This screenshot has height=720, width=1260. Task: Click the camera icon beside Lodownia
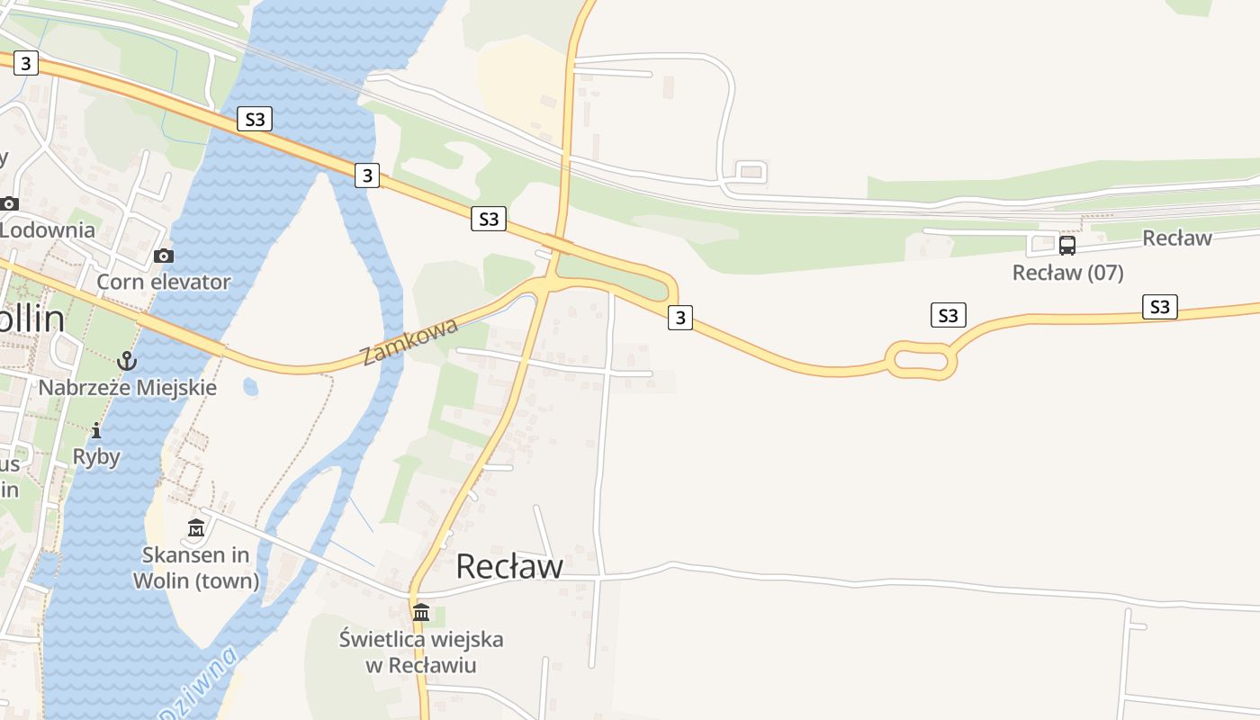click(x=10, y=203)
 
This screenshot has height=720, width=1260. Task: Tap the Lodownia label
click(x=48, y=229)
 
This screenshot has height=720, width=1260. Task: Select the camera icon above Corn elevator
click(x=163, y=256)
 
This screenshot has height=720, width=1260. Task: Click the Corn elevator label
click(x=164, y=282)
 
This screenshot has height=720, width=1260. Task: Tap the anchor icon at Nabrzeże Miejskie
click(x=128, y=362)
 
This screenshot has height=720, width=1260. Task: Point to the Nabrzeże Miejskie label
click(x=128, y=388)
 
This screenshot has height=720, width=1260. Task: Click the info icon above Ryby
click(x=96, y=431)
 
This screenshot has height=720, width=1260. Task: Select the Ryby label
click(x=96, y=456)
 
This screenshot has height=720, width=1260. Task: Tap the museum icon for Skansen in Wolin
click(x=196, y=528)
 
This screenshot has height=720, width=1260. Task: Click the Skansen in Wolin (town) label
click(x=196, y=568)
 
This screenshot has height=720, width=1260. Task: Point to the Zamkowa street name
click(x=409, y=342)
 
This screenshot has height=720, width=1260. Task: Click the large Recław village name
click(x=509, y=566)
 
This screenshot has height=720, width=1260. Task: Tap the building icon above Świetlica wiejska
click(x=421, y=613)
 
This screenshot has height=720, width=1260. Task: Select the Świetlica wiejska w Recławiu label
click(x=421, y=652)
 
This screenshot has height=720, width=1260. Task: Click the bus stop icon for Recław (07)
click(x=1067, y=246)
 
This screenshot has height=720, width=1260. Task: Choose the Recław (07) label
click(x=1067, y=273)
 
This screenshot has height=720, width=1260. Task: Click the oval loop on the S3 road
click(x=921, y=361)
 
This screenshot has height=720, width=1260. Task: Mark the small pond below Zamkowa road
click(x=250, y=388)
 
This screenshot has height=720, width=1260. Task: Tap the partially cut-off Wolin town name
click(x=32, y=319)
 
